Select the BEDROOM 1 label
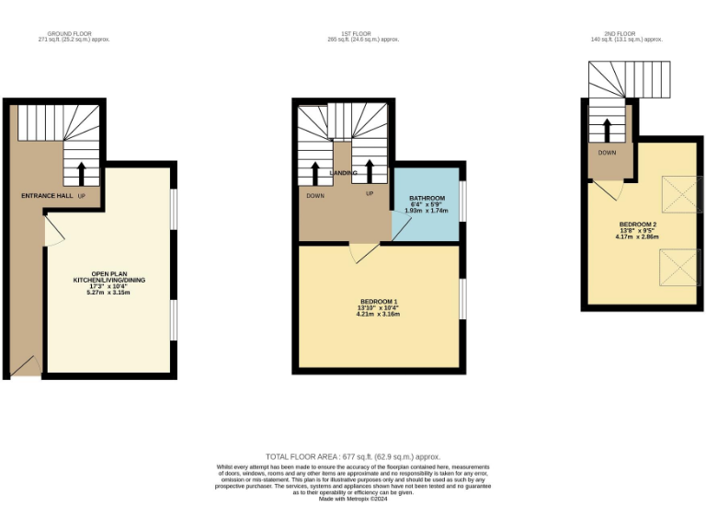coord(378,302)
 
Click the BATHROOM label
coord(427,199)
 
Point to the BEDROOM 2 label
coord(637,225)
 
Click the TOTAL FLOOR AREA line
coord(353,456)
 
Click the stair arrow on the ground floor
coord(81,173)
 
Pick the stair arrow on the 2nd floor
coord(607,128)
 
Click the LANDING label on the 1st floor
coord(344,173)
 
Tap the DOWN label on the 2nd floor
coord(607,153)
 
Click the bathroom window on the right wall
coord(462,201)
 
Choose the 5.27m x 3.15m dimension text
coord(109,293)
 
